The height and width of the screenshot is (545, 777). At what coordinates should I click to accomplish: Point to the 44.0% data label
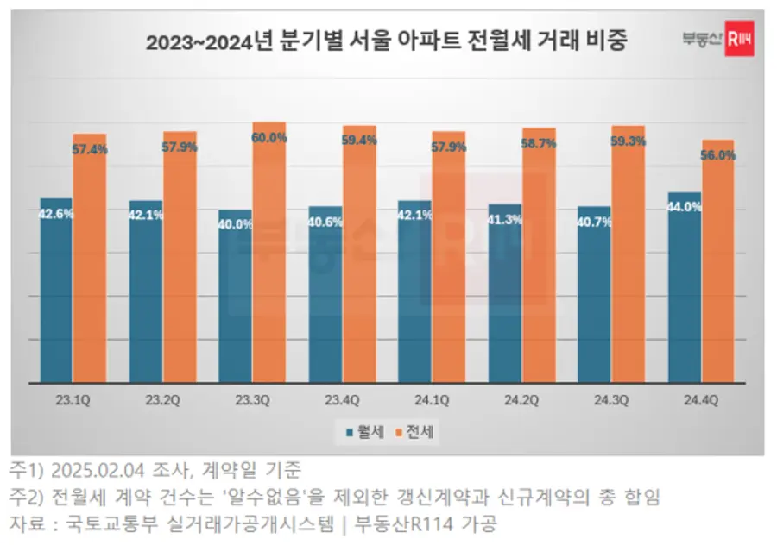[685, 207]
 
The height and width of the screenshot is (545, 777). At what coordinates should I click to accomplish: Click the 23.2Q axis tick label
[162, 399]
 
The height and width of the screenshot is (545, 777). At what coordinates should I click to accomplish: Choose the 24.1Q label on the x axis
[431, 399]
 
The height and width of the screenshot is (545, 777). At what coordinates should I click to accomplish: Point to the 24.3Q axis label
[610, 399]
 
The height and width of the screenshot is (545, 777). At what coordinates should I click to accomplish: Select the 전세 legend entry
[416, 432]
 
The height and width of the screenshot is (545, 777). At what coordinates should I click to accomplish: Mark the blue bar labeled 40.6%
[325, 298]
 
